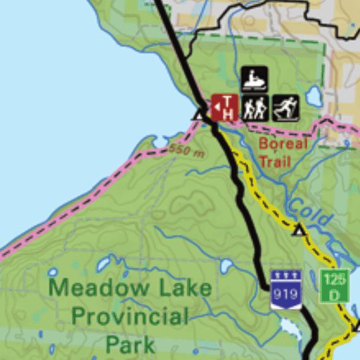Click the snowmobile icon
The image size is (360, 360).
(254, 79)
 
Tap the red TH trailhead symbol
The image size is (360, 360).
(225, 108)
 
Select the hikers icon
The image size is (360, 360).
(255, 108)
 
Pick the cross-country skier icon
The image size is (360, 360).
(285, 108)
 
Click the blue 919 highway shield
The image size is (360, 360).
(286, 289)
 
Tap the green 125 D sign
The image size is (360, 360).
(334, 285)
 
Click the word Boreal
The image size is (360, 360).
(283, 144)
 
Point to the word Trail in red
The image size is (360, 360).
(274, 161)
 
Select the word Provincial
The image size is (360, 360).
(129, 316)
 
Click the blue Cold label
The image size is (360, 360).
(309, 212)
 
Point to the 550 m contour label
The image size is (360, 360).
(186, 150)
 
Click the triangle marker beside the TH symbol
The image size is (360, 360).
(200, 115)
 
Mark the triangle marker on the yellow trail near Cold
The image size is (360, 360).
(299, 230)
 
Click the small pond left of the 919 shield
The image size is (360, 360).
(226, 266)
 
